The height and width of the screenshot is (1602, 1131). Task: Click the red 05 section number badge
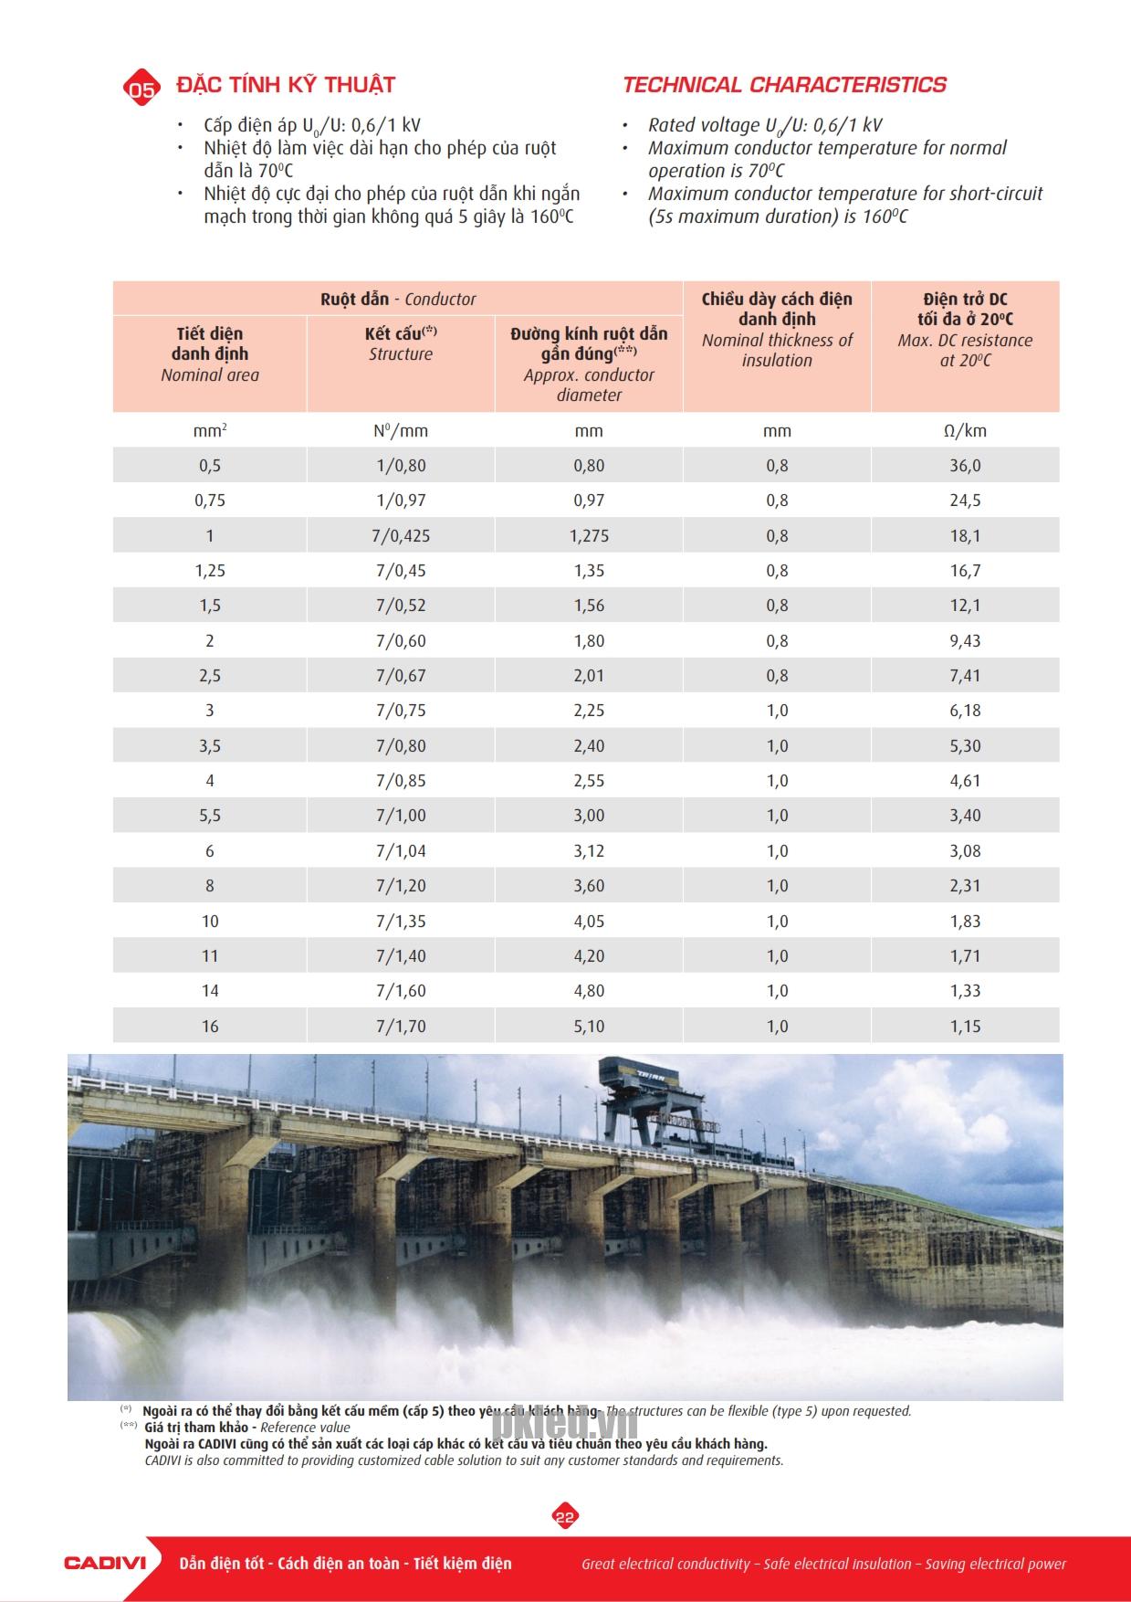pyautogui.click(x=141, y=88)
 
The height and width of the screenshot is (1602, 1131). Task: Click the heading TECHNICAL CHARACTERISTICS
pyautogui.click(x=784, y=85)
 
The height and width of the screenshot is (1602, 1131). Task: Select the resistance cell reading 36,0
pyautogui.click(x=965, y=466)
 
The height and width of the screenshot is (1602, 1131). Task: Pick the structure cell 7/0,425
pyautogui.click(x=401, y=536)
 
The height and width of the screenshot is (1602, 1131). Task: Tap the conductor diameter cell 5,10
pyautogui.click(x=589, y=1027)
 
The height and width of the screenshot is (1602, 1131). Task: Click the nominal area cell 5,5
pyautogui.click(x=210, y=816)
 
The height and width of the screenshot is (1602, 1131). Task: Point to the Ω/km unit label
pyautogui.click(x=965, y=431)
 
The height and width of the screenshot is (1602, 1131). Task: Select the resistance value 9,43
pyautogui.click(x=965, y=641)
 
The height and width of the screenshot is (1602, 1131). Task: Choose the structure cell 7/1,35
pyautogui.click(x=401, y=922)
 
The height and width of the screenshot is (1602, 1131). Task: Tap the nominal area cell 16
pyautogui.click(x=210, y=1027)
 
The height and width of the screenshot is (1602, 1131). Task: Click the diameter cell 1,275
pyautogui.click(x=589, y=536)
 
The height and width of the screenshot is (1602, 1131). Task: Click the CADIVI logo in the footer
pyautogui.click(x=105, y=1563)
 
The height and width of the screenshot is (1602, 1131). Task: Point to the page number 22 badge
pyautogui.click(x=565, y=1517)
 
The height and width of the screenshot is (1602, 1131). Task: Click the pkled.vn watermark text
pyautogui.click(x=565, y=1423)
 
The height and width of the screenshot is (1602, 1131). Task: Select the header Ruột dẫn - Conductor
pyautogui.click(x=398, y=299)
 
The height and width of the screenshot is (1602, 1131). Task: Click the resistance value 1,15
pyautogui.click(x=965, y=1027)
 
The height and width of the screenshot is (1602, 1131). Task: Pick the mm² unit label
pyautogui.click(x=210, y=431)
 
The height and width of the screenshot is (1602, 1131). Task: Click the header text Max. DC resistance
pyautogui.click(x=965, y=341)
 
